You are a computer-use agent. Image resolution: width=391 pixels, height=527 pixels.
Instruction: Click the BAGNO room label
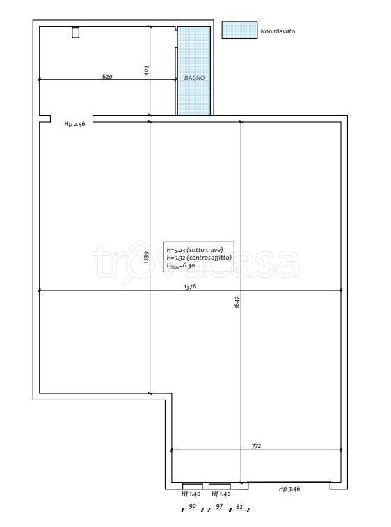click(195, 78)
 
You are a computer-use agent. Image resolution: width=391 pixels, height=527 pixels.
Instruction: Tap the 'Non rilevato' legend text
click(278, 31)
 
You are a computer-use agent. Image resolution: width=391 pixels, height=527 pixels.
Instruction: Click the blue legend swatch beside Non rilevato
click(239, 30)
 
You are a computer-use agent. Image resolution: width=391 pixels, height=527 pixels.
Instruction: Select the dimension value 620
click(107, 77)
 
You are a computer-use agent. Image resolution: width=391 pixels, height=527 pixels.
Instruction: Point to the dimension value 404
click(147, 70)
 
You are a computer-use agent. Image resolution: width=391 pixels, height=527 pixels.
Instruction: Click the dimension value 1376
click(190, 286)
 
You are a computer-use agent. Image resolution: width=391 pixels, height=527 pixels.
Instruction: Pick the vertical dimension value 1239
click(146, 257)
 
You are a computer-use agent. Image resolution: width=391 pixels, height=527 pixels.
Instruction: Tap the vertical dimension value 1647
click(237, 302)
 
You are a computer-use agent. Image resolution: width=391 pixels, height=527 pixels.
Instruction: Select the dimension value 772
click(256, 446)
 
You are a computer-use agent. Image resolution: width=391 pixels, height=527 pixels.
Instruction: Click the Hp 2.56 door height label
click(74, 124)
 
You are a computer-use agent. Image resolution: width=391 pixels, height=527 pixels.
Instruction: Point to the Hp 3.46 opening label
click(289, 489)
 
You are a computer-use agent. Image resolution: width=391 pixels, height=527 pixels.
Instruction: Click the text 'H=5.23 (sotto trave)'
click(195, 250)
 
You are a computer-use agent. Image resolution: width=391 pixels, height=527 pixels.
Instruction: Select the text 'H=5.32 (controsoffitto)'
click(199, 258)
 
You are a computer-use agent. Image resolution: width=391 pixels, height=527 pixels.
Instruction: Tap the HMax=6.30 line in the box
click(181, 265)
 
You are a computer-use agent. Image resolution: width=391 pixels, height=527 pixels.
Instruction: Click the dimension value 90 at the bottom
click(193, 506)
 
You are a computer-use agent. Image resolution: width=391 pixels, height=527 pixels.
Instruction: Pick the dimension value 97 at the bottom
click(219, 506)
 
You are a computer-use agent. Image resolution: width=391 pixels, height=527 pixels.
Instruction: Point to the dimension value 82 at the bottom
click(239, 506)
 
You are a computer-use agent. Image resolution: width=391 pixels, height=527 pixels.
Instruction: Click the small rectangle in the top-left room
click(76, 32)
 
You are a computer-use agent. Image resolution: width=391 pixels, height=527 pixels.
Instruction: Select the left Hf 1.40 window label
click(191, 494)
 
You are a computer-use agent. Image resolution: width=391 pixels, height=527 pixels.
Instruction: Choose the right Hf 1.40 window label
click(221, 494)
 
